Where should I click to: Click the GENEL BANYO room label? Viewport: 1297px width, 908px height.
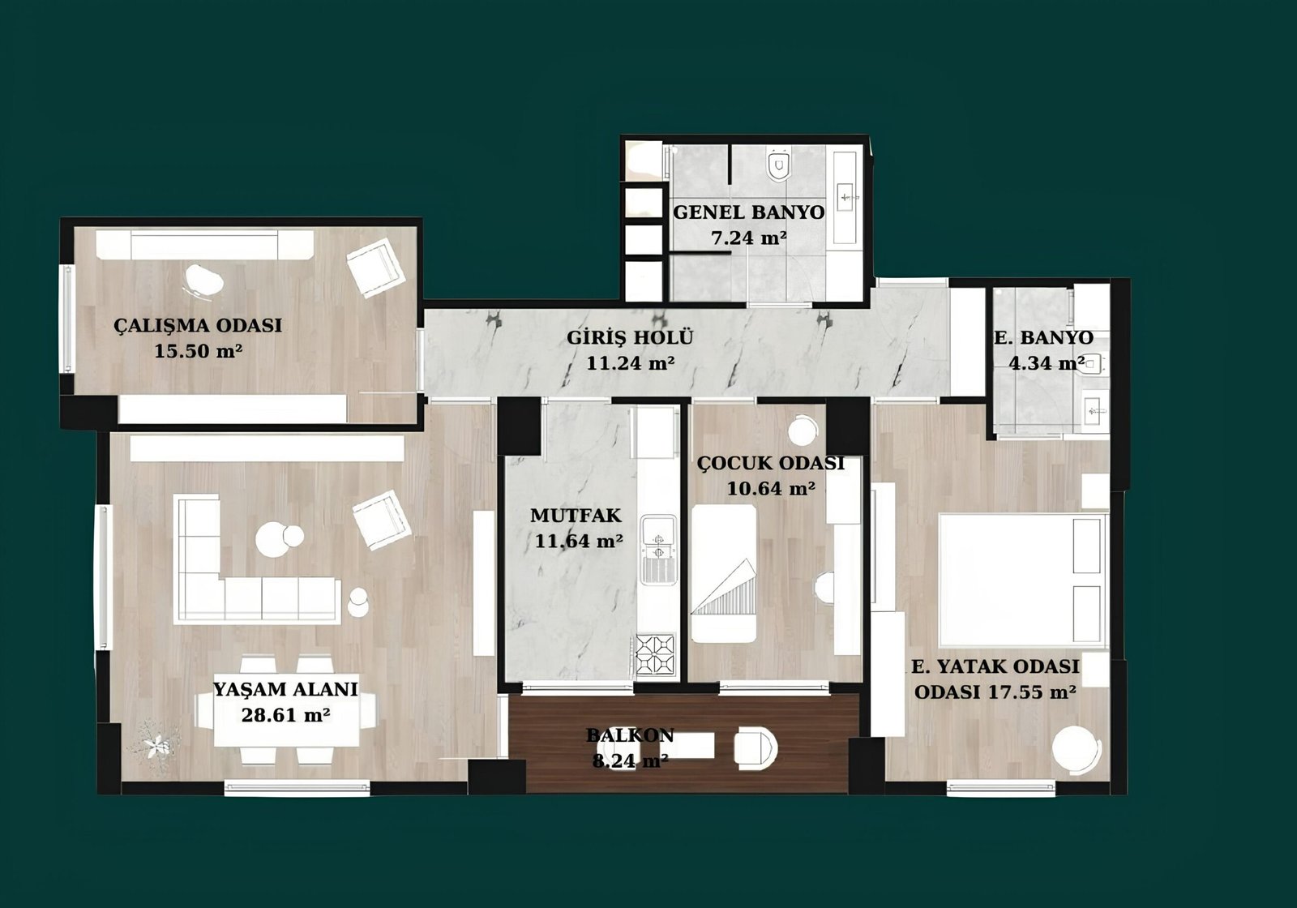coord(748,212)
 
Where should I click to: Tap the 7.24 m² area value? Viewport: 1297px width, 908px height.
coord(748,238)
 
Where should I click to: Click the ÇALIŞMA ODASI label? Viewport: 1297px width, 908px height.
coord(198,325)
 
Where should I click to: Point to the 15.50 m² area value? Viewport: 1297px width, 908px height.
coord(198,351)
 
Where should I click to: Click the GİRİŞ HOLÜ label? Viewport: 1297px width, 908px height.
coord(629,337)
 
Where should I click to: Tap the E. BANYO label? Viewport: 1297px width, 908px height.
coord(1044,337)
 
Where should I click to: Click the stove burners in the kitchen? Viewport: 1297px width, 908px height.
coord(656,655)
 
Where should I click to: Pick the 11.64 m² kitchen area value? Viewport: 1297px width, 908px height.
coord(579,542)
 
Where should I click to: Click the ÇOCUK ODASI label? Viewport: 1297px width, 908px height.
coord(771,463)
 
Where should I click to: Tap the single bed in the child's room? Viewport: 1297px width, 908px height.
coord(725,573)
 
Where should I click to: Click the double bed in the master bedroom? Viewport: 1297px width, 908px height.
coord(1023,580)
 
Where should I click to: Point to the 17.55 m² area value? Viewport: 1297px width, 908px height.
coord(1033,692)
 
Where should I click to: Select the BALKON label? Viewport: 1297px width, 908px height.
coord(629,735)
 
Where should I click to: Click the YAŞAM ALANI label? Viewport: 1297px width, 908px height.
coord(285,689)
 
